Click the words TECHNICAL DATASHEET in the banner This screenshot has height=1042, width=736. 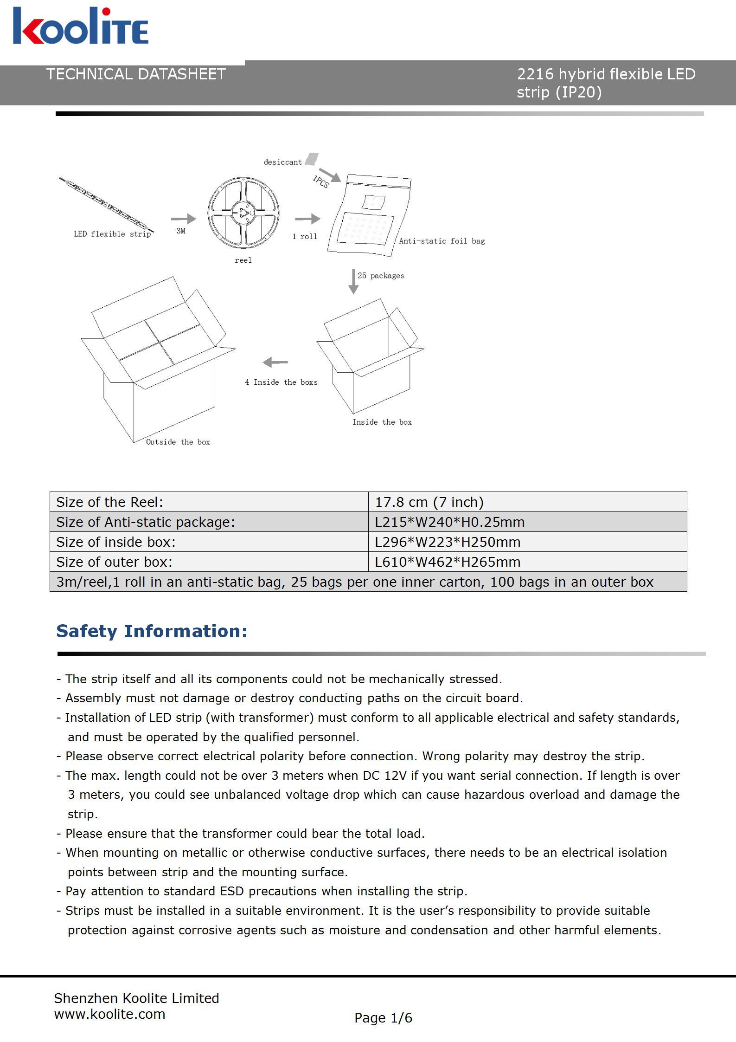tap(136, 74)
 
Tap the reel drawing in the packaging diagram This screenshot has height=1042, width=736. tap(243, 213)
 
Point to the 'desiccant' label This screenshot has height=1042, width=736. tap(282, 162)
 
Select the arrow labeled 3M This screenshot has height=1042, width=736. tap(183, 219)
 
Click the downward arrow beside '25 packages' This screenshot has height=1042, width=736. tap(353, 281)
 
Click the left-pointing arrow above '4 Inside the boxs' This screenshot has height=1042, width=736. tap(275, 362)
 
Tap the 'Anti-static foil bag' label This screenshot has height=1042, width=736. tap(442, 241)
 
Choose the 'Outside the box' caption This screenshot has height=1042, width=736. tap(178, 442)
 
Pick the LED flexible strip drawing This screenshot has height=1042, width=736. tap(106, 204)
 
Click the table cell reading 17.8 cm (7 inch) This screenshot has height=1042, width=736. tap(429, 502)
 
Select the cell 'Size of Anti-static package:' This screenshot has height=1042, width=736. tap(146, 522)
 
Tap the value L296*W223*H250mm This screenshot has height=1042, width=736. tap(448, 542)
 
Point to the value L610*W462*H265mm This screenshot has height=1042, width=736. tap(448, 562)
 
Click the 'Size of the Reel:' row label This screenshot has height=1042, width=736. tap(109, 502)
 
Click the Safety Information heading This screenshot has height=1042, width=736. tap(152, 631)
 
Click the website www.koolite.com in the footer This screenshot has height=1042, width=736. tap(109, 1014)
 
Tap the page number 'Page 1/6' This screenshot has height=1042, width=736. tap(383, 1018)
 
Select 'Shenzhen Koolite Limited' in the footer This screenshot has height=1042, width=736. tap(136, 998)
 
